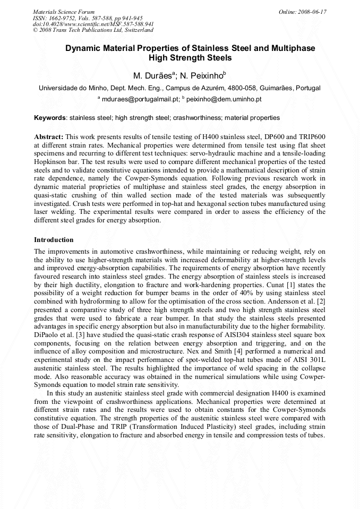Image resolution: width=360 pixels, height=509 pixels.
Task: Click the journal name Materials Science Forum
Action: click(x=64, y=11)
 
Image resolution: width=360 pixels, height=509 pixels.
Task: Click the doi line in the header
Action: click(x=93, y=24)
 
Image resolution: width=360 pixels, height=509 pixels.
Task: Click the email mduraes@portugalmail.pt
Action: click(x=140, y=99)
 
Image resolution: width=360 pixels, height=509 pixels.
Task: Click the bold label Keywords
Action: click(x=50, y=117)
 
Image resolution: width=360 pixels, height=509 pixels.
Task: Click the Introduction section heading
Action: click(x=54, y=240)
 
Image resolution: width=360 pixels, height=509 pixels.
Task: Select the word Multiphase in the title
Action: click(x=291, y=48)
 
